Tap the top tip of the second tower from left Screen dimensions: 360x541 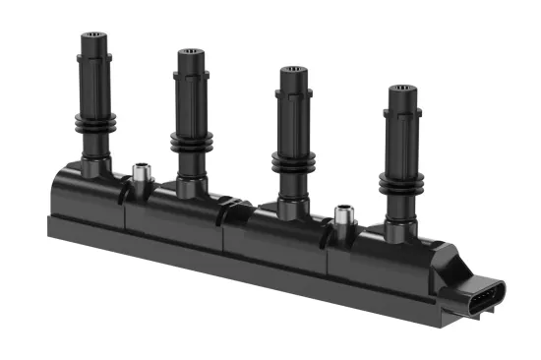point(192,54)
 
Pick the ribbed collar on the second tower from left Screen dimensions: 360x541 point(191,141)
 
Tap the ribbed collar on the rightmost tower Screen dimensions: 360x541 point(399,182)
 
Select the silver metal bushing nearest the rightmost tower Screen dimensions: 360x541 point(343,215)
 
